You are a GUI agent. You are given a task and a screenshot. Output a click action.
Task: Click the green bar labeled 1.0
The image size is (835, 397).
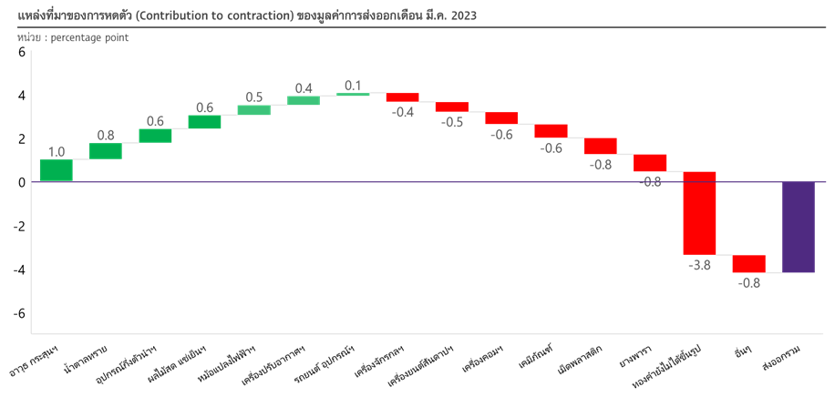(56, 170)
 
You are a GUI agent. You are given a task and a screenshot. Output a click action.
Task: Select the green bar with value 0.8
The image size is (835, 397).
(105, 150)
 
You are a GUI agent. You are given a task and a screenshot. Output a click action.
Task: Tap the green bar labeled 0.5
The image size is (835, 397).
(253, 110)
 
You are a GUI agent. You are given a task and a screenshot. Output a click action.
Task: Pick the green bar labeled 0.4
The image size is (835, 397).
(304, 100)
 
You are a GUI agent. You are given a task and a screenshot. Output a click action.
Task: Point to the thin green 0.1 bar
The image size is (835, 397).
(353, 94)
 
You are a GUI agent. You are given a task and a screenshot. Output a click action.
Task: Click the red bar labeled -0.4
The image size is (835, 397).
(402, 97)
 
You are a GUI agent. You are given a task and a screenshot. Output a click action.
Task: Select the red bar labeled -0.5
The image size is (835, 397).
(452, 107)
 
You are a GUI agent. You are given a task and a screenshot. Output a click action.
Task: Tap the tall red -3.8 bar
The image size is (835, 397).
(700, 212)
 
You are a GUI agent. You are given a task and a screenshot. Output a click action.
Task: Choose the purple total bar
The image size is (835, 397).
(799, 227)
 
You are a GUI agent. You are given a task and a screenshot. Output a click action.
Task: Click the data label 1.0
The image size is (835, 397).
(56, 152)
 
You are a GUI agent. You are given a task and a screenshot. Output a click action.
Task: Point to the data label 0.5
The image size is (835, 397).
(254, 97)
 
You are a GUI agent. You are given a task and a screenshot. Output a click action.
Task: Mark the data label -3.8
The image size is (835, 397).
(699, 265)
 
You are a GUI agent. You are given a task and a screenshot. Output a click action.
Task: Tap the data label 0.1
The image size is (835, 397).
(353, 86)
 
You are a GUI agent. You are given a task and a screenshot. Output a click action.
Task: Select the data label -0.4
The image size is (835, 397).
(402, 112)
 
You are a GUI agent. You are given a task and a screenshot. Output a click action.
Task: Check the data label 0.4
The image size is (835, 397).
(304, 88)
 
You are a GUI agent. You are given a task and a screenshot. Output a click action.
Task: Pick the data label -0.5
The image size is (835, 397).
(452, 122)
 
